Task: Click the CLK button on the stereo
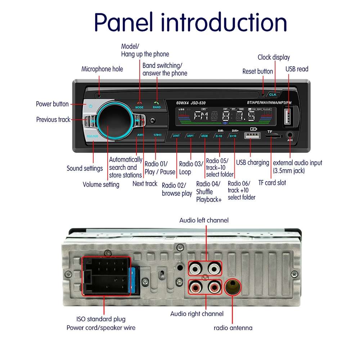[x=273, y=94]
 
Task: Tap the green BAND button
[x=157, y=104]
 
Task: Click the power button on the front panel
[x=91, y=107]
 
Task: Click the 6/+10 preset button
[x=233, y=136]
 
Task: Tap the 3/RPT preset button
[x=190, y=136]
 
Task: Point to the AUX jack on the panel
[x=290, y=135]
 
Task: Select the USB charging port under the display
[x=252, y=136]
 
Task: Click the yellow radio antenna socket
[x=233, y=287]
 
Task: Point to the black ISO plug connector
[x=105, y=276]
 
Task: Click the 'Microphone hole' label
[x=102, y=69]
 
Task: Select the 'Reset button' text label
[x=257, y=71]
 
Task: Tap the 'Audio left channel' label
[x=204, y=220]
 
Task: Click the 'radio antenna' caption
[x=233, y=328]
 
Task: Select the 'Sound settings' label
[x=85, y=168]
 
